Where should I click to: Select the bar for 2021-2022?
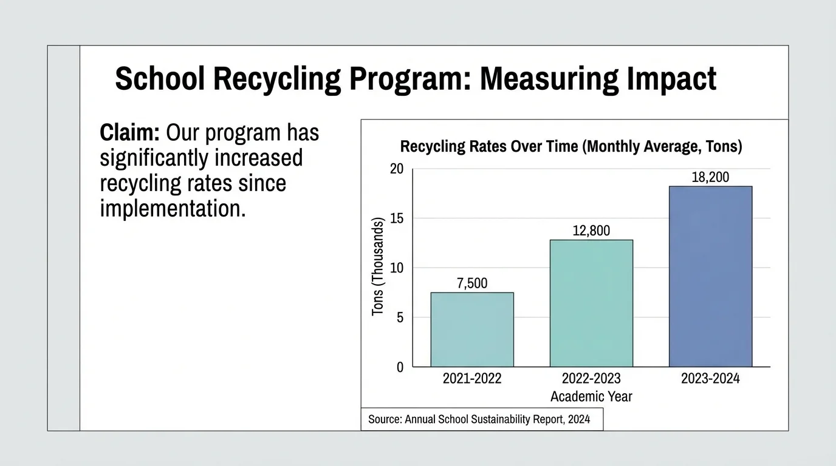(472, 329)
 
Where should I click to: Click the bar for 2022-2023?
(591, 303)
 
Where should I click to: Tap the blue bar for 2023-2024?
(710, 276)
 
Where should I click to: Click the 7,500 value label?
(472, 283)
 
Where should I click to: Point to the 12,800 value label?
(591, 231)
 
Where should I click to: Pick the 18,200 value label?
(710, 177)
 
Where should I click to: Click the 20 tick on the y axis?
(396, 169)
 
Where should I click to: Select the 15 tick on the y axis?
(396, 218)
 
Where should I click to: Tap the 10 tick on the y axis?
(396, 268)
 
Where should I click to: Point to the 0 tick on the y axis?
(400, 367)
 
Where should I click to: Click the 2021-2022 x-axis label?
(472, 379)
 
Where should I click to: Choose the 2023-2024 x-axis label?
(710, 379)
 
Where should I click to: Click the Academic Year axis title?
(591, 397)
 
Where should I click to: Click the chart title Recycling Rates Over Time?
(571, 147)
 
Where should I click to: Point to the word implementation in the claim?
(173, 209)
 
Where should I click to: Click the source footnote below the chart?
(479, 419)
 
